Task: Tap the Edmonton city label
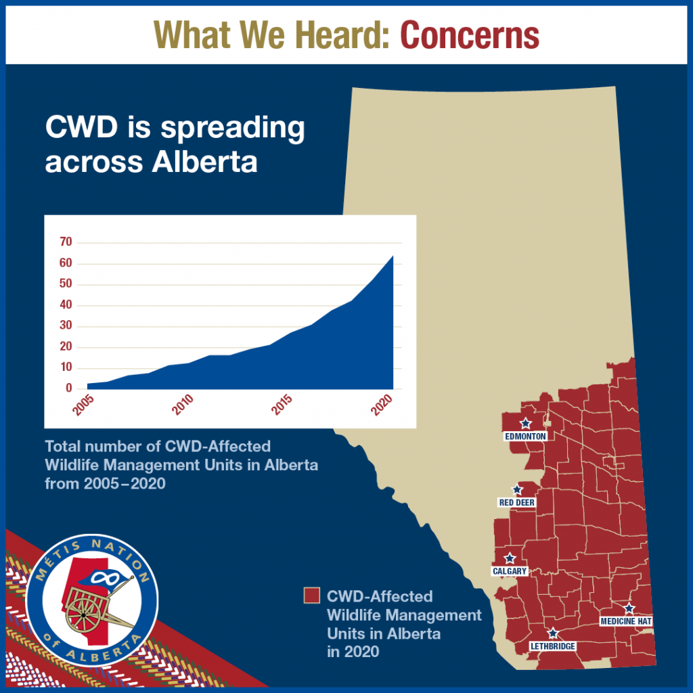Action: (x=525, y=437)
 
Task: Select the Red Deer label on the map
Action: (x=516, y=503)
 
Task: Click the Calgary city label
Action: (x=510, y=571)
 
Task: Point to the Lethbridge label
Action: (x=553, y=646)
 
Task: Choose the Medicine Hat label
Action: (x=626, y=621)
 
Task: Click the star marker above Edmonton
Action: (x=525, y=423)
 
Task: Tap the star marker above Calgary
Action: (x=510, y=558)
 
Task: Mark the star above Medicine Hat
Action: (x=629, y=608)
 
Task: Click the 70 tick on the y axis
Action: (x=66, y=242)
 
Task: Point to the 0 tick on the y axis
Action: (x=69, y=388)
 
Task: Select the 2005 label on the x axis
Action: (x=83, y=405)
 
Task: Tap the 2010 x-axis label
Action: (x=183, y=405)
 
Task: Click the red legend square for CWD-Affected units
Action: (x=311, y=596)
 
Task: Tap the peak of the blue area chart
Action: (x=393, y=256)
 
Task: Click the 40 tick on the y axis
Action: (x=66, y=305)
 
